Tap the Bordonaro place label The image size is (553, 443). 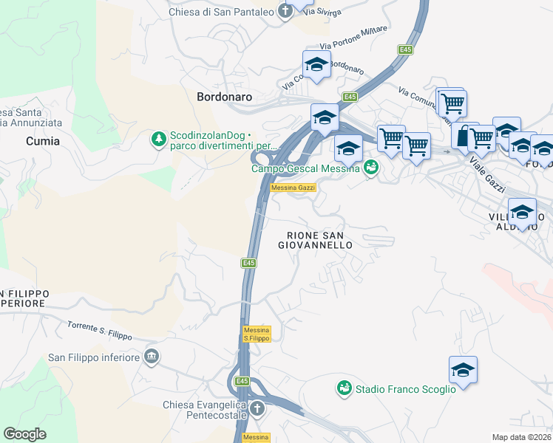pos(225,97)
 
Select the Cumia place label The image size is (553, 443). pos(43,140)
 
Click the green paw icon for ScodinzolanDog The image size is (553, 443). pos(158,139)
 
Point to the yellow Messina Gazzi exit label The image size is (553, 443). pos(294,188)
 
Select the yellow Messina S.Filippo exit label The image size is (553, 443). pos(257,334)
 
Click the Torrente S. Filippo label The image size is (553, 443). pos(99,331)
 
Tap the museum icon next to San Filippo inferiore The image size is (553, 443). pos(152,357)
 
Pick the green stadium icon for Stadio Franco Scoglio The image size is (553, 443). pos(344,388)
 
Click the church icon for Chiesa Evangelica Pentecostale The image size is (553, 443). pos(257,408)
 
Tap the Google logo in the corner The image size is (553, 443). pos(25,434)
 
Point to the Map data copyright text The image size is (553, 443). pos(522,437)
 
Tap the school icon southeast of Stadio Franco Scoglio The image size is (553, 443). pos(463,370)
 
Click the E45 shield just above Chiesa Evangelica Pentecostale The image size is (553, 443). pos(242,381)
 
